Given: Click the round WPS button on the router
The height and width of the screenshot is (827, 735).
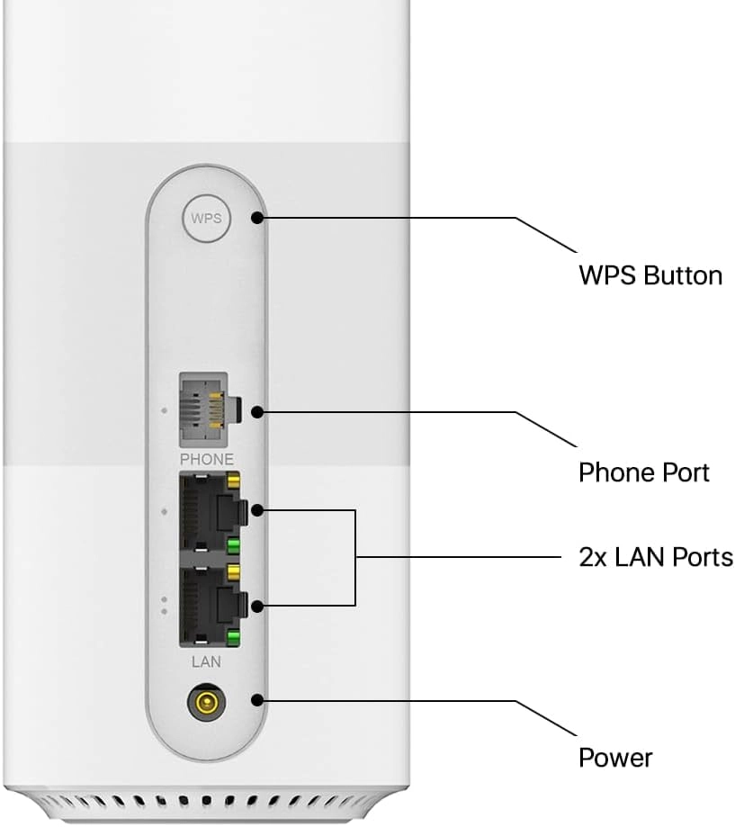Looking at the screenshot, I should pos(206,219).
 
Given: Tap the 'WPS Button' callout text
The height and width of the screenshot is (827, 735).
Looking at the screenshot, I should pos(650,274).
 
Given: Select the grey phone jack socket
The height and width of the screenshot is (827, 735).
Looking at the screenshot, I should pos(206,410).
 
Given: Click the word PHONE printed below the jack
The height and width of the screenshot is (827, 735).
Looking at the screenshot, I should pos(206,459).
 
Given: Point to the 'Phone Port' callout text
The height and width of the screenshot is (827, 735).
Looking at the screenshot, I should pos(643,472).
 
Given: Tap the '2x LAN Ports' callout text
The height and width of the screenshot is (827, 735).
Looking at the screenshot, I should pos(655,557).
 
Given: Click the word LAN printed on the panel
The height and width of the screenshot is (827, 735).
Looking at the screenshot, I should pos(206,661).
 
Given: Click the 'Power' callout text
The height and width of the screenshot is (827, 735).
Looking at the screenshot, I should pos(614,757).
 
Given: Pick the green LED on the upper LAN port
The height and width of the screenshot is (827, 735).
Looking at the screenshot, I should pos(233,545).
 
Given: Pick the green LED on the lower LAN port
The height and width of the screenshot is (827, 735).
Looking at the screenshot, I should pos(233,638).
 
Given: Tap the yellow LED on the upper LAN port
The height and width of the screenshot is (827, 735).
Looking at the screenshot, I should pos(233,483).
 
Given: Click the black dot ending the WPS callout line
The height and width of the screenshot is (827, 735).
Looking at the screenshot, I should pos(257,218).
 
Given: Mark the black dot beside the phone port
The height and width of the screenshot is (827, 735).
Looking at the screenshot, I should pos(257,412).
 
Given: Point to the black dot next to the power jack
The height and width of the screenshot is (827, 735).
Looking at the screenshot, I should pos(257,701).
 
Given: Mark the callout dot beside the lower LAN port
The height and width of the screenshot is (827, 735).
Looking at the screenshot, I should pos(257,606).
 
